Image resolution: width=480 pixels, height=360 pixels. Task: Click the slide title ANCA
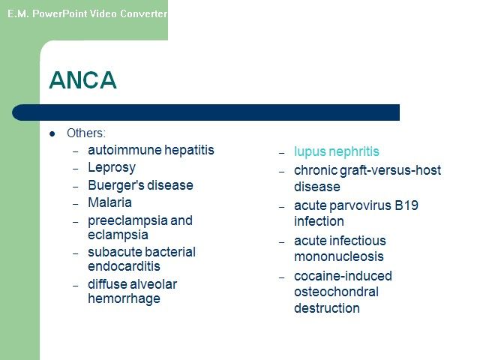tap(82, 80)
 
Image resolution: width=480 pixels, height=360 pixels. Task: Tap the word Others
tap(85, 133)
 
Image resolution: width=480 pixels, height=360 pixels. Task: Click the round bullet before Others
tap(52, 133)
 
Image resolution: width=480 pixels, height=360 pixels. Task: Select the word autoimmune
tap(124, 150)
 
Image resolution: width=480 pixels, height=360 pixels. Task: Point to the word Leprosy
tap(112, 168)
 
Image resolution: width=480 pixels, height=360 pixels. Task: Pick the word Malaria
tap(110, 202)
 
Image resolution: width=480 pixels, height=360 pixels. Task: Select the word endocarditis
tap(124, 266)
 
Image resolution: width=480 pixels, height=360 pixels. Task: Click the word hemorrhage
tap(124, 299)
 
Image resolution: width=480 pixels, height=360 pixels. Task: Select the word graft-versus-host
tap(390, 170)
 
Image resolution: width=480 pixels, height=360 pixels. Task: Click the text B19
tap(406, 205)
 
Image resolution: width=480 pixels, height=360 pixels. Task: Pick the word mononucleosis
tap(339, 256)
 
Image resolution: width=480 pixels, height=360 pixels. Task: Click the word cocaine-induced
tap(343, 276)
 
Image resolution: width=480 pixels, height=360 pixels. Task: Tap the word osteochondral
tap(336, 292)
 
